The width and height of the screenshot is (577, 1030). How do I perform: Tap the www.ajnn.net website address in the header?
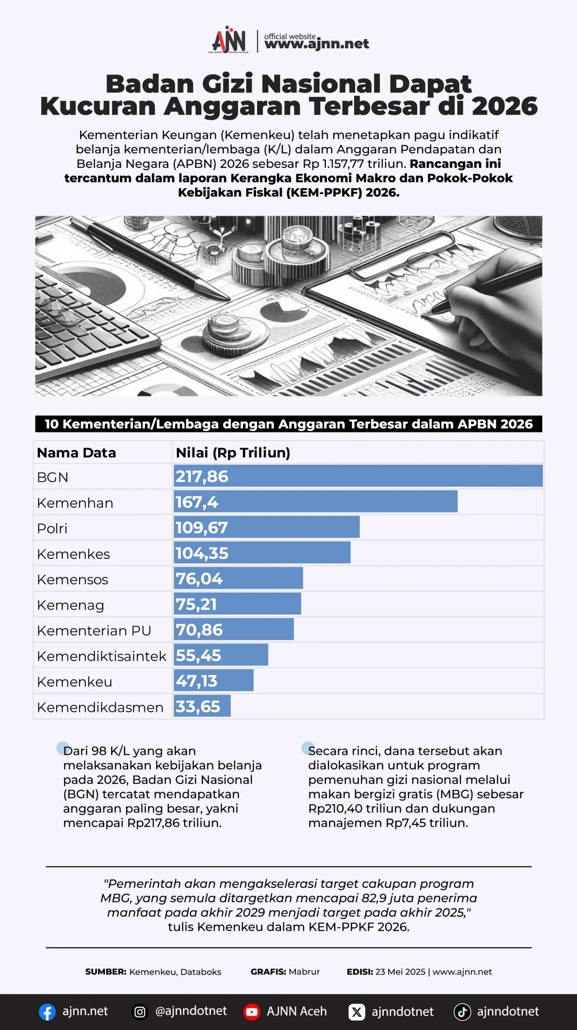pos(317,44)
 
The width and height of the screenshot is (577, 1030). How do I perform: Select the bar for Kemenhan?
pos(315,501)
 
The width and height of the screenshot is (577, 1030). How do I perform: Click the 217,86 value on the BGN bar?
pos(202,476)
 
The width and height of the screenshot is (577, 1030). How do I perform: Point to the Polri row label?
pos(52,528)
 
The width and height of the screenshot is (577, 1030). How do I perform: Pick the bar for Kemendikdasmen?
pos(202,706)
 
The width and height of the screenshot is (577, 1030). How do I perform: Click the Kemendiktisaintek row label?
pos(101,656)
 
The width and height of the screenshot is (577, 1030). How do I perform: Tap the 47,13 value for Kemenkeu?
pos(196,681)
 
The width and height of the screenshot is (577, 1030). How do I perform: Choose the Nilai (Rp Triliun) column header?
pos(233,453)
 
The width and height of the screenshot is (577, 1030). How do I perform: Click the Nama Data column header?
pos(76,453)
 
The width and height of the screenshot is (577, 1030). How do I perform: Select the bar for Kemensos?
pos(238,578)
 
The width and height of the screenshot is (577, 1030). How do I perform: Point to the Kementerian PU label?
pos(94,630)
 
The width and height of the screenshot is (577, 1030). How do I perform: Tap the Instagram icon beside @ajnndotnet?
pos(140,1012)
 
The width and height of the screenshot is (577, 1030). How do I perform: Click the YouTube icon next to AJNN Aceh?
pos(252,1012)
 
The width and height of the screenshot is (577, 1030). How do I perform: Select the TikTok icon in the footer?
pos(462,1012)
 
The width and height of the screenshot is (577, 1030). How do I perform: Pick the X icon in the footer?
pos(357,1012)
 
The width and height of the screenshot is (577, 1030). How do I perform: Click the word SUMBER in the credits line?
pos(106,972)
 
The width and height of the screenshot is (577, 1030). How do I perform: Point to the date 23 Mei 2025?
pos(400,972)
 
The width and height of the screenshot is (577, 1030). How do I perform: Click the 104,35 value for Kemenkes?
pos(202,553)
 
